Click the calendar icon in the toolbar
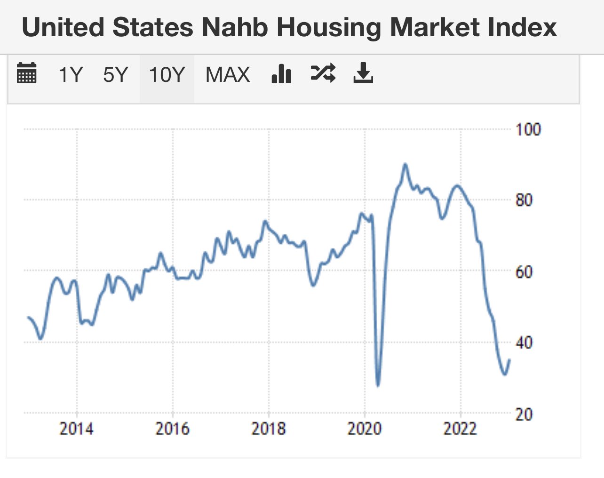coord(26,73)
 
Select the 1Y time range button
coord(71,75)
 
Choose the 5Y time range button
coord(115,75)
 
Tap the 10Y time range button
coord(167,75)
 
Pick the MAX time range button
coord(228,75)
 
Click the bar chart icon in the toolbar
coord(282,73)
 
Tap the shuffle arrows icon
coord(323,73)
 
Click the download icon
coord(363,73)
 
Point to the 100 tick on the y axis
coord(528,129)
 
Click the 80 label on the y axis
coord(524,200)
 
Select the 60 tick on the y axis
coord(524,272)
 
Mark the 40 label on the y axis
coord(524,343)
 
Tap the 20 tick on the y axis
coord(524,414)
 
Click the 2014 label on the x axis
coord(76,429)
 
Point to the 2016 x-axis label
coord(172,429)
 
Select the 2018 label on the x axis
coord(268,429)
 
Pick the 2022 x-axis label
coord(460,429)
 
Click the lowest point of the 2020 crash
coord(378,386)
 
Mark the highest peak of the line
coord(405,164)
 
